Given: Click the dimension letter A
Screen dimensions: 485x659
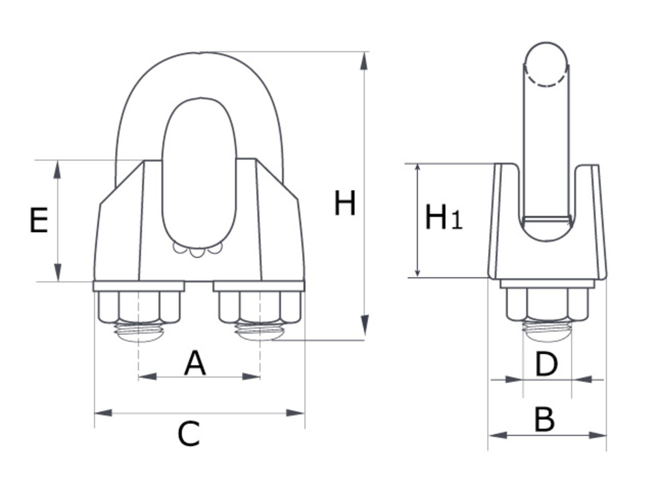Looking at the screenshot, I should point(195,363).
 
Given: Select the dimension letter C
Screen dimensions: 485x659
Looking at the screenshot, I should point(188,434).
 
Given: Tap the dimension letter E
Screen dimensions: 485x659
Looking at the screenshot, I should point(39,221).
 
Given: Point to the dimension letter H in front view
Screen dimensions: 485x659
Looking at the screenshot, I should point(344,204).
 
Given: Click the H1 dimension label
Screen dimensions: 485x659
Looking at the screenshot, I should point(443,218).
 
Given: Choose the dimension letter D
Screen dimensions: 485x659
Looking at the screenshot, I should point(546,364).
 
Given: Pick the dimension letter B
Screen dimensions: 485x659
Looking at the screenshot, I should point(544,420).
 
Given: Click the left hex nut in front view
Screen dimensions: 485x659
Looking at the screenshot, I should point(138,307).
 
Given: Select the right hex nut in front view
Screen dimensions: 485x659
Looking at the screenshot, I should point(260,307).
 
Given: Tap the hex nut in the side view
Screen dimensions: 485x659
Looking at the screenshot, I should point(547,304).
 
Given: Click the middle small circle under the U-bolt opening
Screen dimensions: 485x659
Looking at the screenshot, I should point(197,253).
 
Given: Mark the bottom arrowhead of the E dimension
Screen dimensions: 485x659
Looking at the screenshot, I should point(57,272).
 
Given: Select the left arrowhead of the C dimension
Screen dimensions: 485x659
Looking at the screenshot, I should point(103,413).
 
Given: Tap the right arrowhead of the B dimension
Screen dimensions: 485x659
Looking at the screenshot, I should point(597,436).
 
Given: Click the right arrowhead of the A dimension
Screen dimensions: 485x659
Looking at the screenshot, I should point(251,377).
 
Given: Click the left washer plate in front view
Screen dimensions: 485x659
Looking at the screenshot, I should point(138,286).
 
